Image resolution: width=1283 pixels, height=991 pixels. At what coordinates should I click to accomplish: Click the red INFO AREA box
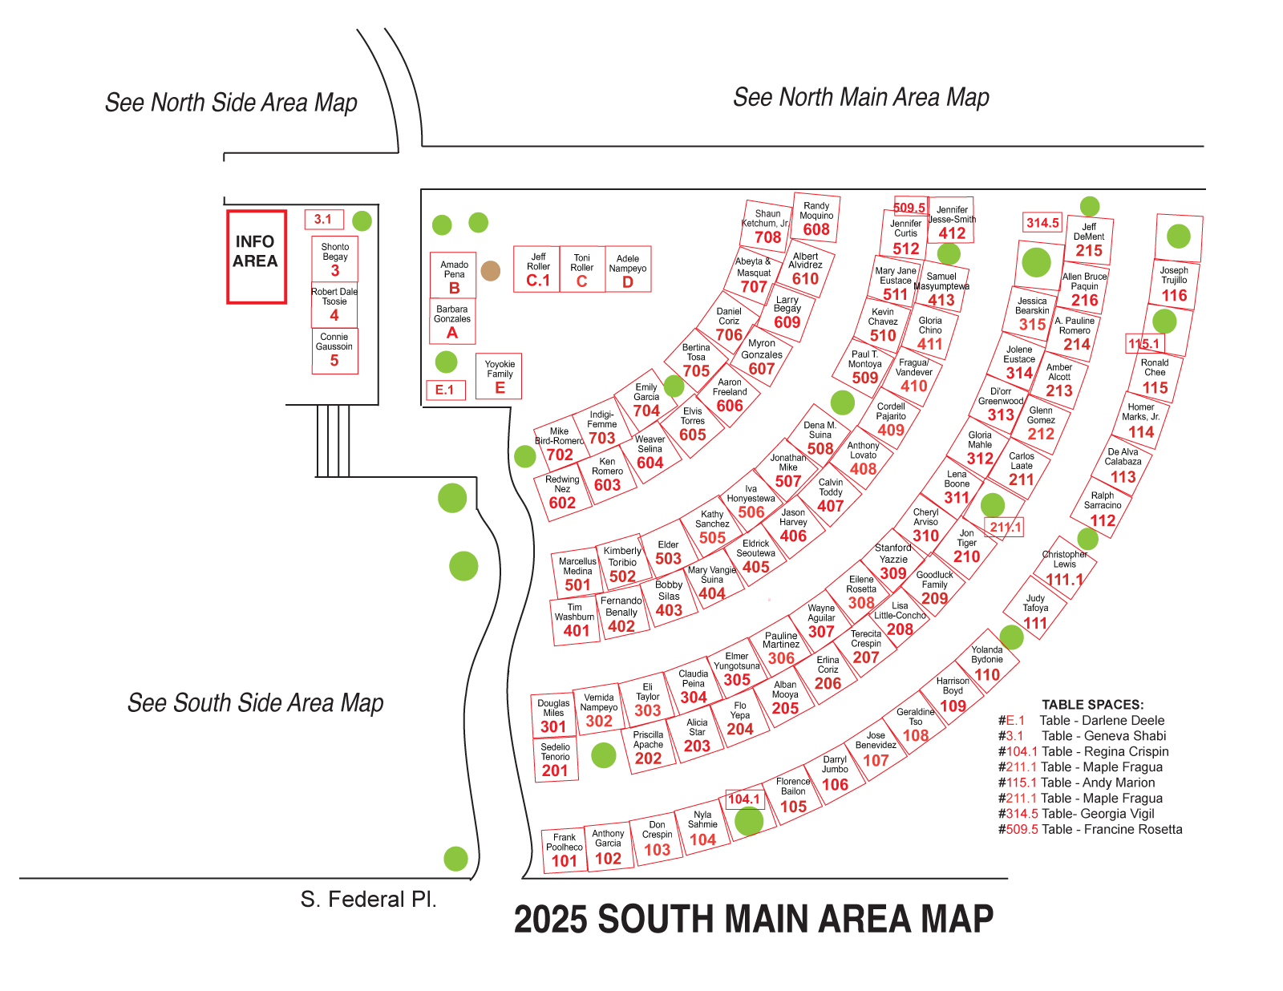(256, 257)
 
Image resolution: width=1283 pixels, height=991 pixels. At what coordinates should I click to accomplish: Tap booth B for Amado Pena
(454, 276)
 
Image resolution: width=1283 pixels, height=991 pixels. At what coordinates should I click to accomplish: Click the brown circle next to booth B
(491, 271)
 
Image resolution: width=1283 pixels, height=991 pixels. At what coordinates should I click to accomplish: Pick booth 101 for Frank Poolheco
(564, 851)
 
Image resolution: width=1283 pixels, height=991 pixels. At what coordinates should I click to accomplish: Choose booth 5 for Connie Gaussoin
(334, 350)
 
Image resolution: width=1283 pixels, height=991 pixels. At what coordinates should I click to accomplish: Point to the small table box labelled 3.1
(323, 219)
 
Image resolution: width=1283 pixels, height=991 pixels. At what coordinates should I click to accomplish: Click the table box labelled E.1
(445, 390)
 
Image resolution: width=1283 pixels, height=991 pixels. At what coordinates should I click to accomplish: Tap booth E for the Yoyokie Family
(499, 376)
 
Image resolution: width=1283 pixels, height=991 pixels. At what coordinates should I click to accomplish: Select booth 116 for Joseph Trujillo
(1174, 284)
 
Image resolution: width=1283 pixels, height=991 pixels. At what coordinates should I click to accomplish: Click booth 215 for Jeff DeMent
(1088, 240)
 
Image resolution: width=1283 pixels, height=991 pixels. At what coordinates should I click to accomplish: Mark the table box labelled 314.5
(1042, 223)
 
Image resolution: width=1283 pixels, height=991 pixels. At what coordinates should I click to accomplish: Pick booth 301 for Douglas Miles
(553, 716)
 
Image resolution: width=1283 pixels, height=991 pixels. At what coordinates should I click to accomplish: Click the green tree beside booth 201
(603, 754)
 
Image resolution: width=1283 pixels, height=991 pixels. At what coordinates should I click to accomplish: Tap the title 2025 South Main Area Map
(753, 919)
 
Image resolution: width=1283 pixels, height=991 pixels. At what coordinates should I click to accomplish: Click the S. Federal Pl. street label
(368, 900)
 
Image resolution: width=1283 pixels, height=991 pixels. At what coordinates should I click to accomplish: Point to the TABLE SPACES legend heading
(1092, 705)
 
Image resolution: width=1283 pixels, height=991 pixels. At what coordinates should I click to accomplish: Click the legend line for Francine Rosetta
(1090, 829)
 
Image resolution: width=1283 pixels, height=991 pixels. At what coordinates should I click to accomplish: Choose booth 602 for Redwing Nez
(562, 493)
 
